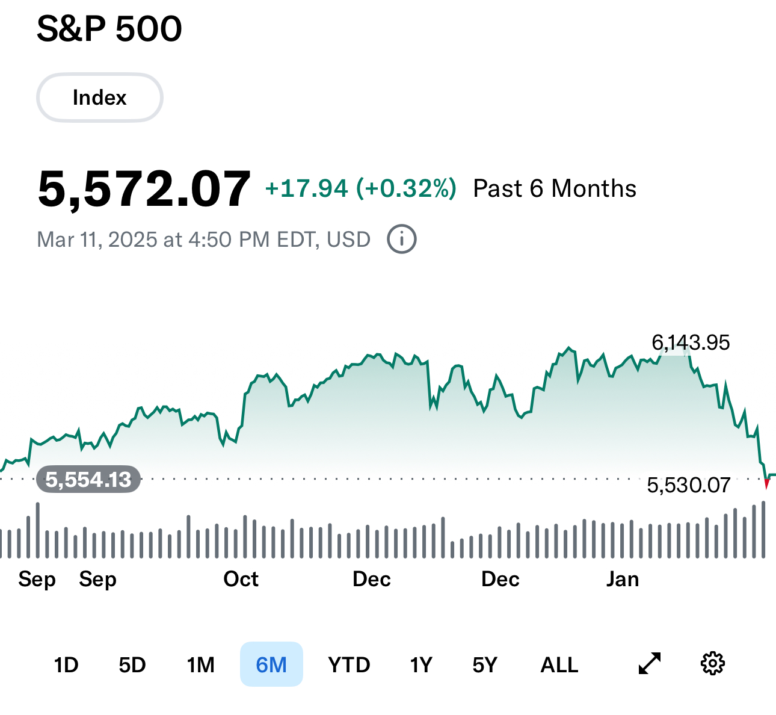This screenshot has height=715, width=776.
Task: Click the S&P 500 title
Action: pyautogui.click(x=109, y=29)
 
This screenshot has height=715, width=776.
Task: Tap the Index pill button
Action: pyautogui.click(x=100, y=97)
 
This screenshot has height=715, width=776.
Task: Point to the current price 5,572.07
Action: pyautogui.click(x=144, y=189)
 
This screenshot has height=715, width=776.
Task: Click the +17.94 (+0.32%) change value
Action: pyautogui.click(x=360, y=189)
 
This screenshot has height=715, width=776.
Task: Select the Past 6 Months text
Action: pyautogui.click(x=555, y=189)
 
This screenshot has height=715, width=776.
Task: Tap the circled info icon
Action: pyautogui.click(x=401, y=240)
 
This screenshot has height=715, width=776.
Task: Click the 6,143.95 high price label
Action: pyautogui.click(x=691, y=342)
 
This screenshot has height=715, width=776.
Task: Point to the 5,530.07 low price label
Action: pyautogui.click(x=688, y=485)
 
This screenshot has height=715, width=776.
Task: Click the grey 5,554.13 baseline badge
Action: pyautogui.click(x=88, y=480)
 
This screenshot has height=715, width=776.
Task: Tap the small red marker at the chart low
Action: pyautogui.click(x=766, y=484)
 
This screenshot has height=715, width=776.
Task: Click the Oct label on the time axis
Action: pyautogui.click(x=241, y=579)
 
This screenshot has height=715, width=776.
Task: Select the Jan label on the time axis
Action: pyautogui.click(x=623, y=579)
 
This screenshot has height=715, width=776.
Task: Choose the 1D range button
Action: pyautogui.click(x=66, y=665)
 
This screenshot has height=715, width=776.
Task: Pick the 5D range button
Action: pyautogui.click(x=132, y=665)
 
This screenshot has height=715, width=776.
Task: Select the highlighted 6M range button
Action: pyautogui.click(x=271, y=664)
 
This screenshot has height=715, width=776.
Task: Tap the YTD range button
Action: pyautogui.click(x=349, y=665)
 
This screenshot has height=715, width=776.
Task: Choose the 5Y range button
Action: pyautogui.click(x=485, y=665)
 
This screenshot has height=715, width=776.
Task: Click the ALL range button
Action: pyautogui.click(x=559, y=665)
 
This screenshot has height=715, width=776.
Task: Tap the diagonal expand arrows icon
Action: pyautogui.click(x=650, y=663)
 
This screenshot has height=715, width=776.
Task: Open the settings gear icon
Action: pyautogui.click(x=713, y=663)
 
